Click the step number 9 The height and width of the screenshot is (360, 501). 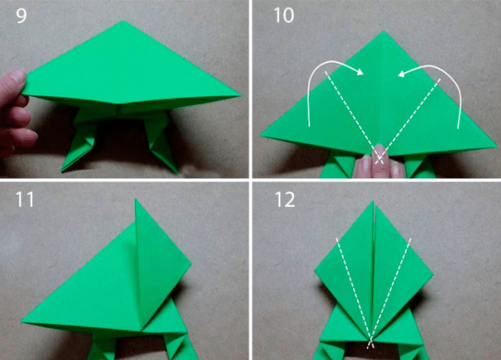(x=21, y=16)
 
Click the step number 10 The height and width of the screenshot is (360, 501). (x=283, y=15)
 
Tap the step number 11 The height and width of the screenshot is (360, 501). (x=25, y=199)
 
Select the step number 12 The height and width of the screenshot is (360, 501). (x=285, y=199)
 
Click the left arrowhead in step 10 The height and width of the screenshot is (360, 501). (x=360, y=71)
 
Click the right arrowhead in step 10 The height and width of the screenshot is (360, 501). (x=401, y=74)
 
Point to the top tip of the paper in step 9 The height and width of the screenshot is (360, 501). (x=123, y=21)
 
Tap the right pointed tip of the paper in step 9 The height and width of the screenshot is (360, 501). (x=240, y=94)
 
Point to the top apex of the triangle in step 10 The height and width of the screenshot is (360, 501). (x=384, y=31)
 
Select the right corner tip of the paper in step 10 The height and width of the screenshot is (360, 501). (x=496, y=147)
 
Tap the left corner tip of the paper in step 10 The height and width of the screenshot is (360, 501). (x=261, y=136)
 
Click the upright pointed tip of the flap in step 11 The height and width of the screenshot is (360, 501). (x=136, y=200)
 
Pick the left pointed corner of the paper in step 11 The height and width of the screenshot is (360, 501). (x=22, y=321)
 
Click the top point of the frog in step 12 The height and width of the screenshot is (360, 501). (x=373, y=201)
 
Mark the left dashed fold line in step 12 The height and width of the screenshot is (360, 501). (x=354, y=293)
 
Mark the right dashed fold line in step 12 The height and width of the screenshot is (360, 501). (x=390, y=293)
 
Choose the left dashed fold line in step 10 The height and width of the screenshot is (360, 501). (x=352, y=117)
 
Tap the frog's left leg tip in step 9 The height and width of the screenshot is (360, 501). (x=63, y=169)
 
